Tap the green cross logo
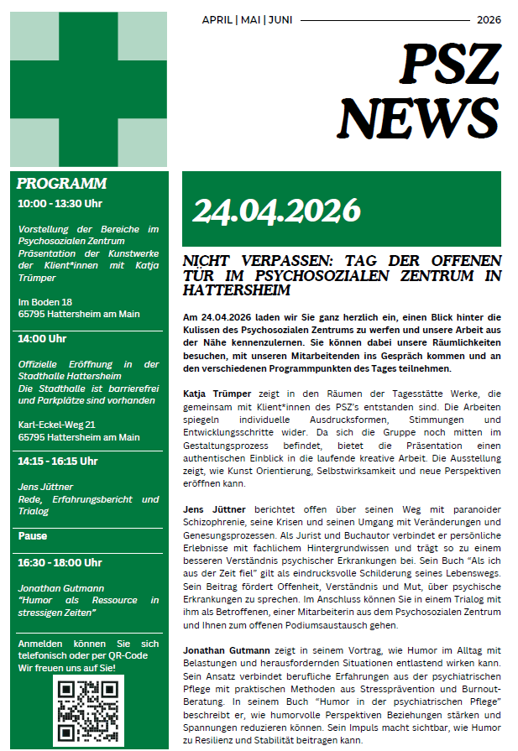[x=88, y=90]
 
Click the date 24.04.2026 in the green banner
[x=276, y=210]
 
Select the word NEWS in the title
[x=418, y=116]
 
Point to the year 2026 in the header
[x=489, y=19]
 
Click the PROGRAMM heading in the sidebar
[x=61, y=184]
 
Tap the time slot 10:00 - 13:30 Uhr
[x=60, y=203]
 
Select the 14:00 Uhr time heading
[x=42, y=339]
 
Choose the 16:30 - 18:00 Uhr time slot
[x=60, y=562]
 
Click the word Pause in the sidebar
[x=33, y=535]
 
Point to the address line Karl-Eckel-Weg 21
[x=57, y=425]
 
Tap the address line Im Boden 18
[x=45, y=301]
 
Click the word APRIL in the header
[x=218, y=19]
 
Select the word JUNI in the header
[x=280, y=19]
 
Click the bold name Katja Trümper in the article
[x=217, y=393]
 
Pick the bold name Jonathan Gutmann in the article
[x=227, y=651]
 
